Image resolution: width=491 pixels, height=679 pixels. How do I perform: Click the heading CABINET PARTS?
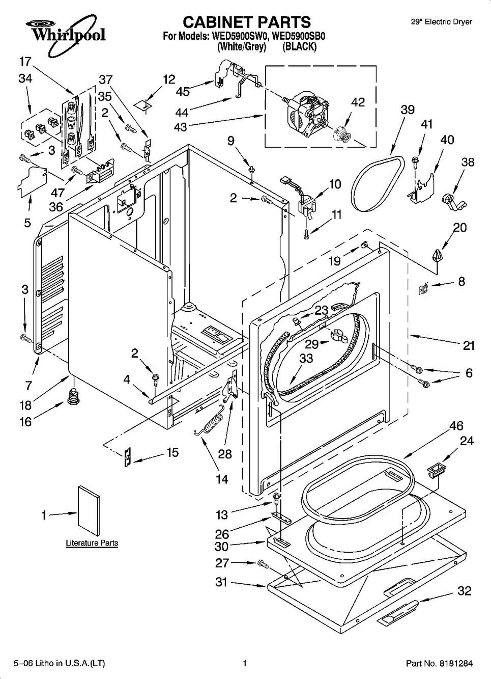pos(246,22)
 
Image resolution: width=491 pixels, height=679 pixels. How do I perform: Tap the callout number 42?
pos(358,102)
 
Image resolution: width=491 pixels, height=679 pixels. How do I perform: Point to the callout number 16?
pos(25,421)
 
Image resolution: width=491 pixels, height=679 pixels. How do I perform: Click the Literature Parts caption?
pos(92,543)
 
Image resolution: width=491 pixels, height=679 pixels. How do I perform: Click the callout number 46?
pos(456,426)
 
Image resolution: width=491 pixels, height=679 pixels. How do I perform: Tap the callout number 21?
pos(469,346)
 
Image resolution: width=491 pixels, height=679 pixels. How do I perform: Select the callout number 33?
pos(306,359)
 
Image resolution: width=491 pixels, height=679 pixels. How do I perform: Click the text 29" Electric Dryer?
pos(441,22)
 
